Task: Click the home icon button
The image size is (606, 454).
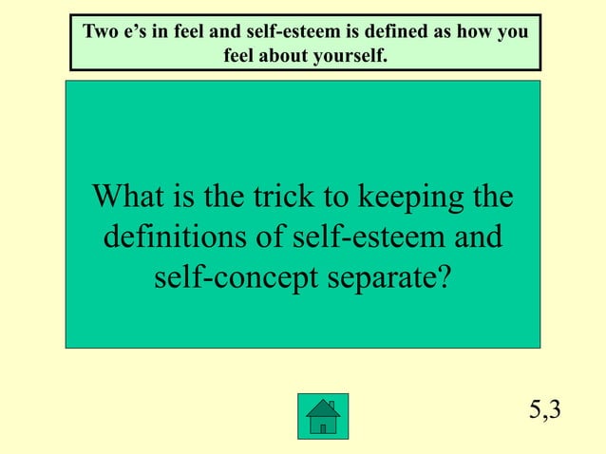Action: [x=323, y=416]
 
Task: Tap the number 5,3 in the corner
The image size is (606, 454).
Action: [x=545, y=409]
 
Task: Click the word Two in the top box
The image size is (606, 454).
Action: [x=100, y=32]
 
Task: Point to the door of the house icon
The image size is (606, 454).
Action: [x=323, y=427]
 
